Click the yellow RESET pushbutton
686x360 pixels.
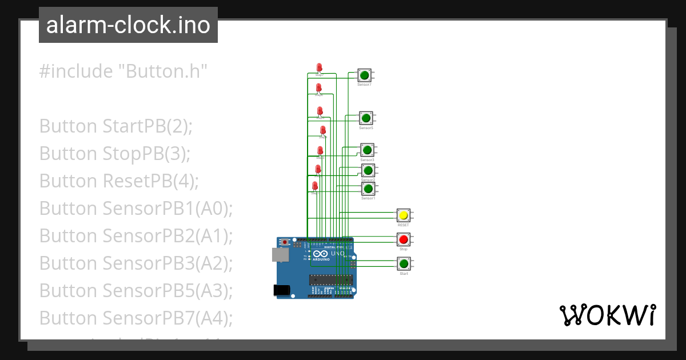click(404, 215)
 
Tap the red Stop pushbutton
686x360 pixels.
click(404, 239)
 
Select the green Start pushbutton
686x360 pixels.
click(404, 263)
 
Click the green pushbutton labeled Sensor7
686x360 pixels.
click(364, 75)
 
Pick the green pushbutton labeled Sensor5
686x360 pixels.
click(365, 118)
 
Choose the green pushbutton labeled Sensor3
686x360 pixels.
click(367, 150)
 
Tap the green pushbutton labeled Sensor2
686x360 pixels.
click(368, 170)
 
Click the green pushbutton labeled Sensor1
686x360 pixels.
click(368, 189)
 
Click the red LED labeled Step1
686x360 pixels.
click(315, 186)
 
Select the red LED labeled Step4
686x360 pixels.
click(323, 131)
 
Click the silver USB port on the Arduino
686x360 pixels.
click(280, 255)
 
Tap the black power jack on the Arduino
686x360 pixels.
click(281, 290)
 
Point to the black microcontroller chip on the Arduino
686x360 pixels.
click(330, 279)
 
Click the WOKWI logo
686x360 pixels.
click(607, 315)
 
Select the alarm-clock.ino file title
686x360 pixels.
click(128, 25)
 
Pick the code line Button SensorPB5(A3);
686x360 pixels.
click(136, 290)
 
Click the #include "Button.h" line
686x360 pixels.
click(123, 71)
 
